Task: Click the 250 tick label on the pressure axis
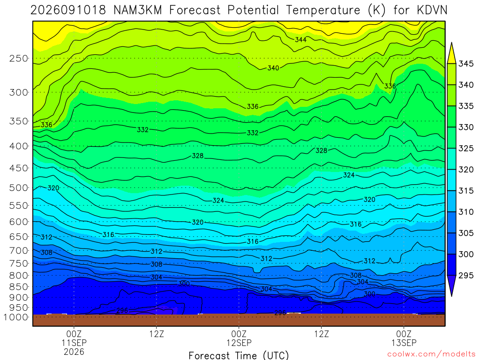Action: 19,58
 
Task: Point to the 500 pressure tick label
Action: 19,187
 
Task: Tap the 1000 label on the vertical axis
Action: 15,317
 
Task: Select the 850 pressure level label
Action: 19,287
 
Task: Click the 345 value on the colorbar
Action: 466,64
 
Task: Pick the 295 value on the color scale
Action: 466,276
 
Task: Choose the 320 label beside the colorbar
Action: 466,170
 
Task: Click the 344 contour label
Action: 300,39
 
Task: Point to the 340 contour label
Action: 273,68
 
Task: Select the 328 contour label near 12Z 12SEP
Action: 322,150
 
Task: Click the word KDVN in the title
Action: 432,10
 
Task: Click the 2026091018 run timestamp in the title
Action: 68,10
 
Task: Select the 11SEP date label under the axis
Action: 74,343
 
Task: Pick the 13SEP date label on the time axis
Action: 404,343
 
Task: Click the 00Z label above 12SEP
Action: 239,334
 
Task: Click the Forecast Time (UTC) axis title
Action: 239,355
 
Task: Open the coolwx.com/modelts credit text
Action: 431,354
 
